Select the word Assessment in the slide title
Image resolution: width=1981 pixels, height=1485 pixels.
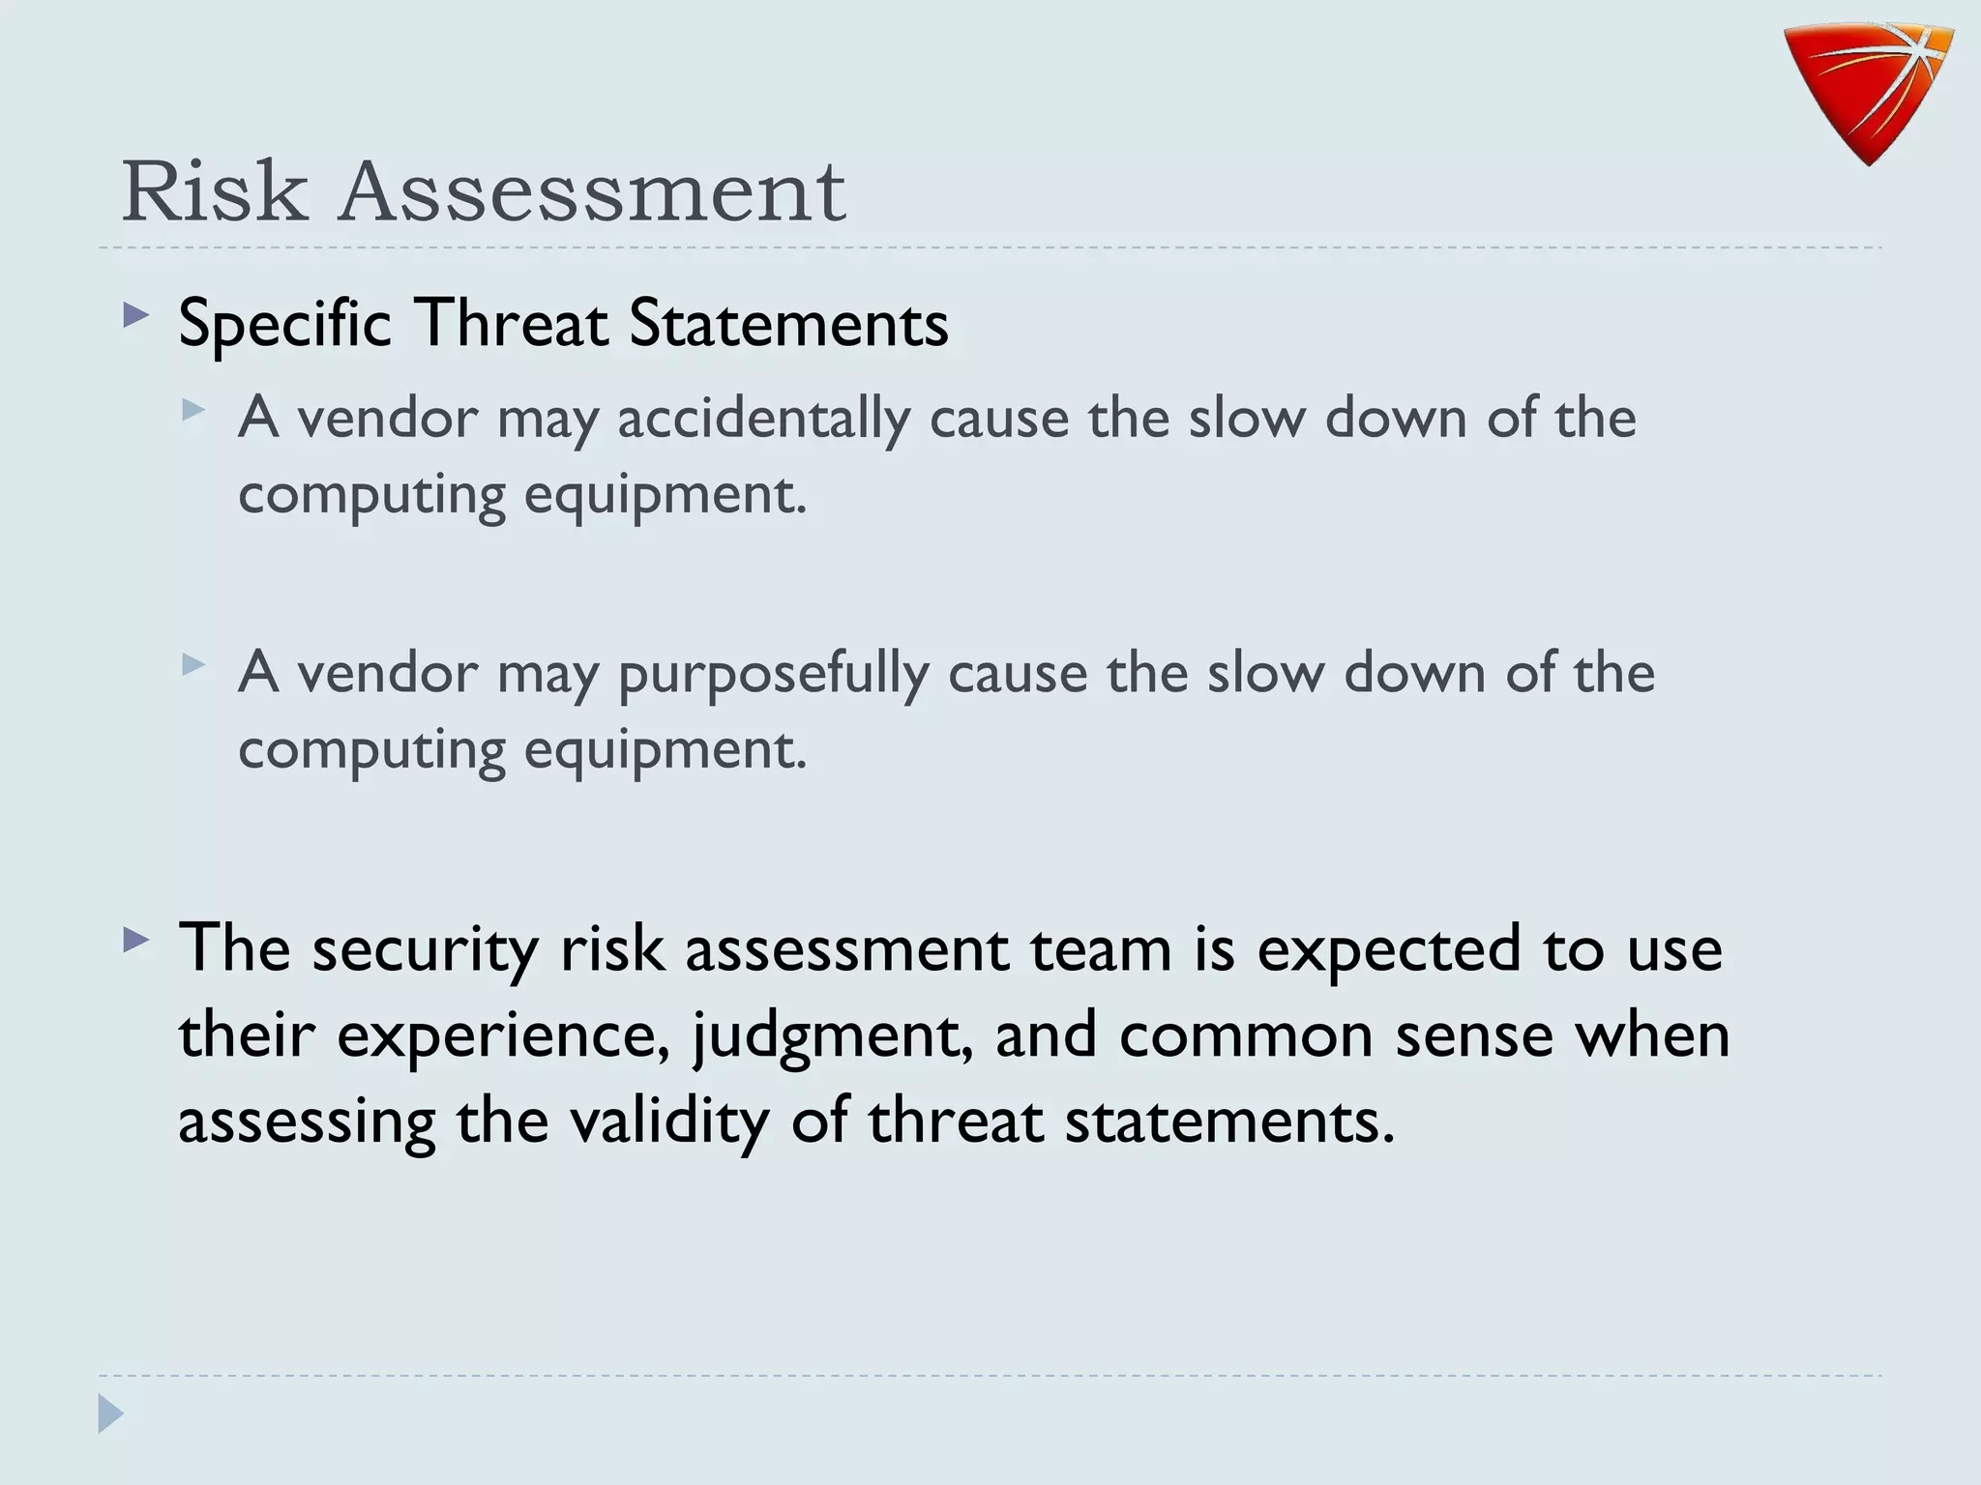click(x=592, y=191)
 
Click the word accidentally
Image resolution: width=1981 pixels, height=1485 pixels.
click(x=763, y=420)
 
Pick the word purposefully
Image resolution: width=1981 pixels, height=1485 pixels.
click(x=773, y=674)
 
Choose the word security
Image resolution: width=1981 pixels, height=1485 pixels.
click(x=425, y=949)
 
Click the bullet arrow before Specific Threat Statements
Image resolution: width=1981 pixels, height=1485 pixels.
click(x=136, y=316)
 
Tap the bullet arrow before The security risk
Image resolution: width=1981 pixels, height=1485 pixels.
click(x=136, y=941)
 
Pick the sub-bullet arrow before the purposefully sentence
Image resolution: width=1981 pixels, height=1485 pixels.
click(x=193, y=664)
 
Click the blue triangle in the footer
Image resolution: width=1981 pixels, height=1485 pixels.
click(x=110, y=1413)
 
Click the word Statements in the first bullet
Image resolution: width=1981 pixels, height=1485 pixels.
click(x=788, y=323)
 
